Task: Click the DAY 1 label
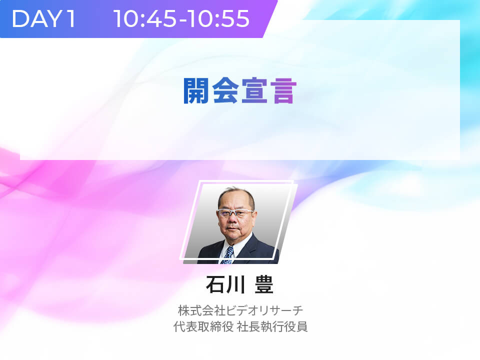[43, 19]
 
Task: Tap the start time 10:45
[145, 19]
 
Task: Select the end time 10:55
[218, 19]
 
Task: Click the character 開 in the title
[196, 90]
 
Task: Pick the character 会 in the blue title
[225, 90]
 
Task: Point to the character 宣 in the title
[254, 90]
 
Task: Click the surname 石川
[225, 284]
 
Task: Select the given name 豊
[264, 284]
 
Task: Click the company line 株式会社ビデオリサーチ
[240, 310]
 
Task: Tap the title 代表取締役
[203, 326]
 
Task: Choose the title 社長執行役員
[272, 326]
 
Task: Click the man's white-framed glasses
[235, 212]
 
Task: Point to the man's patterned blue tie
[228, 254]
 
